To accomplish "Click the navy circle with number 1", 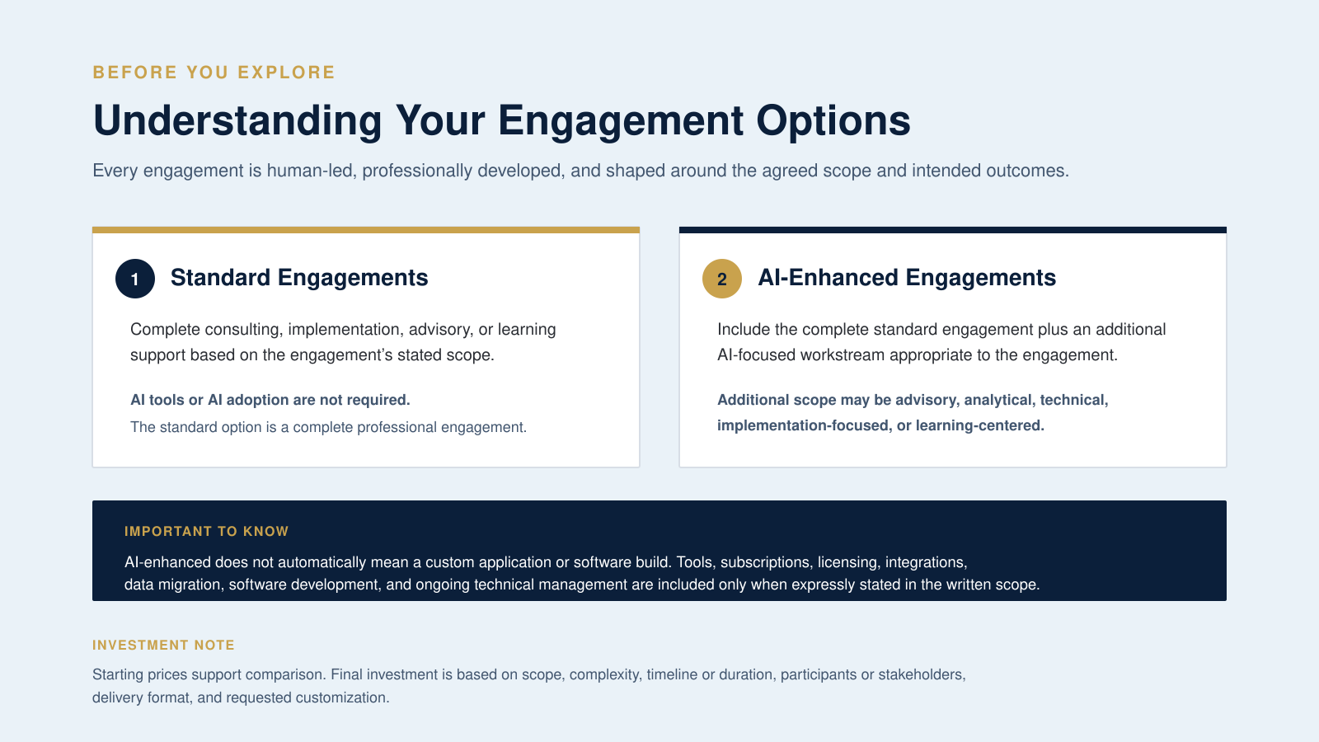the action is tap(135, 279).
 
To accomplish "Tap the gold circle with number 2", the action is tap(722, 279).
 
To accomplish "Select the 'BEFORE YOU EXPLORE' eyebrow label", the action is tap(214, 73).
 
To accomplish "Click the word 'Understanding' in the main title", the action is tap(237, 120).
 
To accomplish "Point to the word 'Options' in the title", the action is tap(833, 120).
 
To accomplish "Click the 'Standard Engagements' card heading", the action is tap(299, 277).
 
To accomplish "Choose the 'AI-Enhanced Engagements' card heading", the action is tap(907, 277).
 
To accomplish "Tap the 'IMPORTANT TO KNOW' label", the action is tap(207, 531).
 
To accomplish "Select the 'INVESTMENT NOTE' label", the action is tap(164, 645).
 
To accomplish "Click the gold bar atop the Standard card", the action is tap(366, 230).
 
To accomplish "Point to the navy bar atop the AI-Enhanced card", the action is tap(953, 230).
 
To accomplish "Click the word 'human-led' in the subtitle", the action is tap(312, 171).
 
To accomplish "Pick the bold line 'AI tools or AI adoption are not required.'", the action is tap(270, 400).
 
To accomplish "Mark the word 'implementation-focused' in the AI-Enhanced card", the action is tap(803, 425).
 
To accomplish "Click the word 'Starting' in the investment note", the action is tap(118, 675).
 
